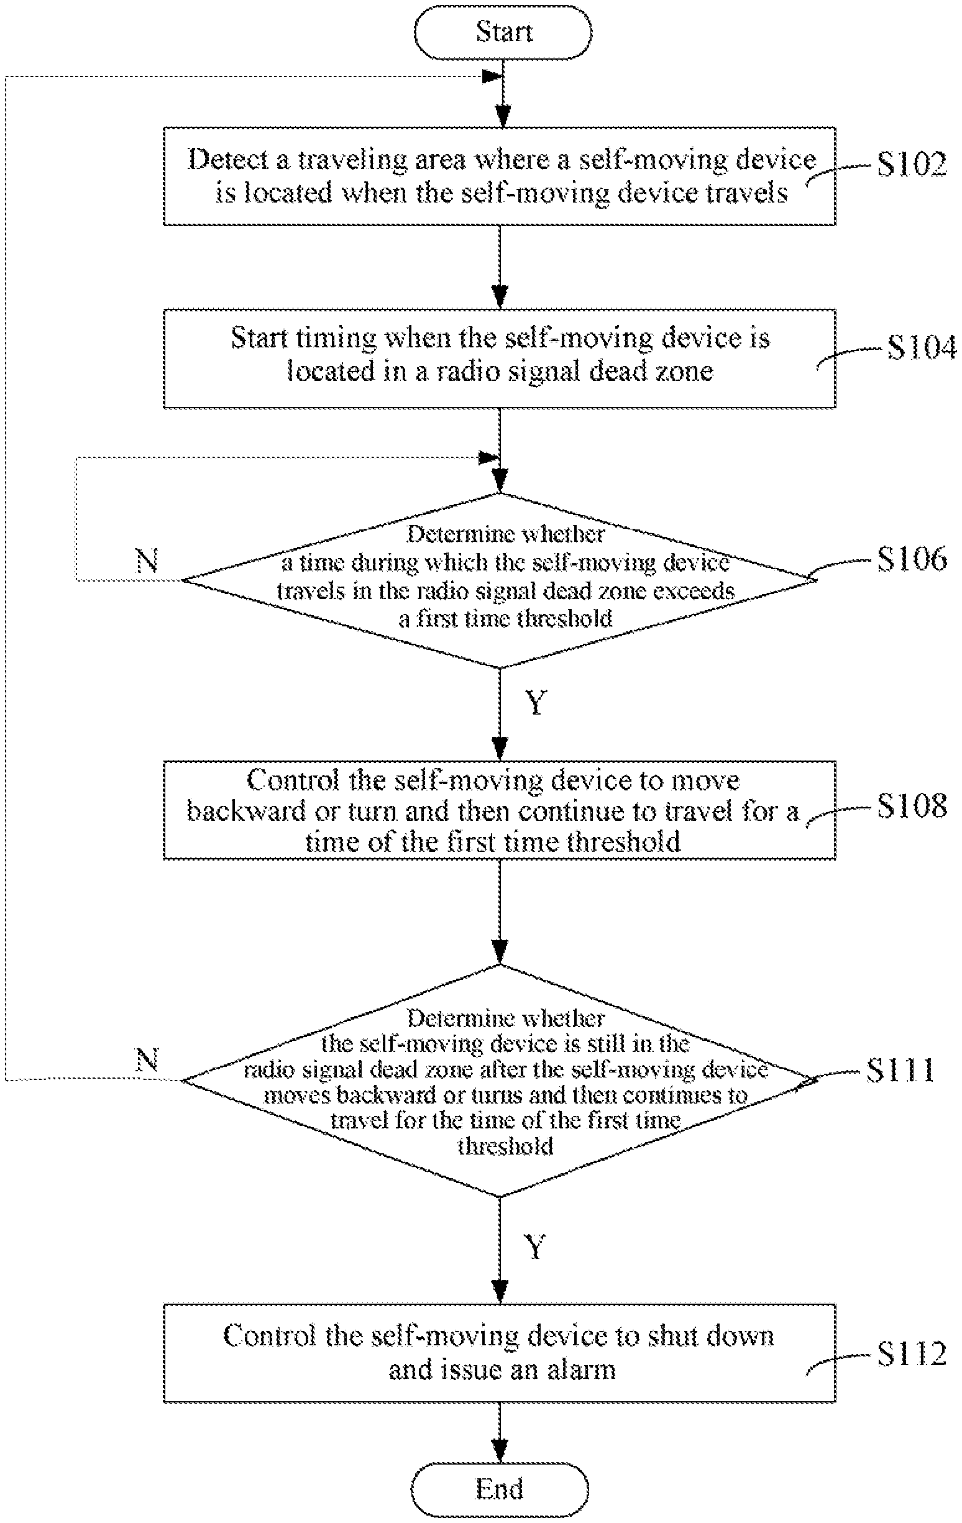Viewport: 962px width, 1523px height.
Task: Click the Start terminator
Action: [503, 32]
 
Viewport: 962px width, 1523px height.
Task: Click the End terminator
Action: [500, 1489]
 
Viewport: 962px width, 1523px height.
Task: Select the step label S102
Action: [912, 165]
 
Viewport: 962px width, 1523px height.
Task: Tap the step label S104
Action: [922, 347]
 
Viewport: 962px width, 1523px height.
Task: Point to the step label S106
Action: [912, 559]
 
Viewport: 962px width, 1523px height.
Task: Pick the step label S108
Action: [912, 806]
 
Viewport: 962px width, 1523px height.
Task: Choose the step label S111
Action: [900, 1070]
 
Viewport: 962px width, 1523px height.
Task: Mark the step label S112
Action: [912, 1353]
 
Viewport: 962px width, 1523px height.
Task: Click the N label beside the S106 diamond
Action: [147, 560]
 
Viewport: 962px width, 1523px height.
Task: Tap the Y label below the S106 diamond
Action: [536, 702]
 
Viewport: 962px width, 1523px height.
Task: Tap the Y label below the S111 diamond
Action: [535, 1246]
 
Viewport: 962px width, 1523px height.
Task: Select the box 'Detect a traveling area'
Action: [500, 176]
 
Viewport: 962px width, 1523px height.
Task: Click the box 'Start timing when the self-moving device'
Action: [500, 359]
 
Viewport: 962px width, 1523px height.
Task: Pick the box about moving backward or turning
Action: [500, 810]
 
